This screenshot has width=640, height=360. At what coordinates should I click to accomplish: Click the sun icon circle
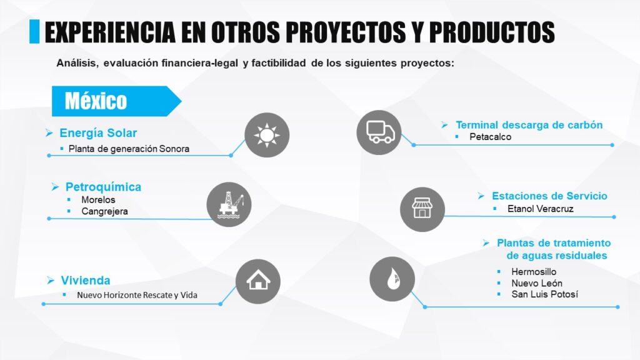click(267, 135)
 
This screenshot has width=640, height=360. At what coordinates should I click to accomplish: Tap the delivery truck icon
click(379, 132)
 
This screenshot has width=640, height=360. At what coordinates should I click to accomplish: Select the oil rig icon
click(229, 204)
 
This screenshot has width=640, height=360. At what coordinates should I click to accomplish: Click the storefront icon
click(422, 209)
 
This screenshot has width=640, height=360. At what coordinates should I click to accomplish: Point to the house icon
click(258, 281)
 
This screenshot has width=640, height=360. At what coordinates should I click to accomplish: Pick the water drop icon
click(392, 279)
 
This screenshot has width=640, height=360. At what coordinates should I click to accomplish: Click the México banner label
click(96, 101)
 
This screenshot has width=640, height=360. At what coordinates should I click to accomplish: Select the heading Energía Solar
click(98, 132)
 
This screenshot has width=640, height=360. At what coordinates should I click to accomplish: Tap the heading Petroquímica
click(103, 187)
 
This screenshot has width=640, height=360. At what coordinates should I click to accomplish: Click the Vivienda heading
click(86, 281)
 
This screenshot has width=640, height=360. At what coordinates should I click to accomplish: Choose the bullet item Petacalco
click(490, 137)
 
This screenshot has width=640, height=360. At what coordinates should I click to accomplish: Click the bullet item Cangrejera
click(104, 211)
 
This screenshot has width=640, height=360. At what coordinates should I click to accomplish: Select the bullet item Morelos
click(98, 199)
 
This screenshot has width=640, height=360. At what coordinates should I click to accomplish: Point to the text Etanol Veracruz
click(541, 209)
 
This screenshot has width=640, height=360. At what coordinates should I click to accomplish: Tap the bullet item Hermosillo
click(534, 271)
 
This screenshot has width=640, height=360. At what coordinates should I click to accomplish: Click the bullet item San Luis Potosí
click(544, 294)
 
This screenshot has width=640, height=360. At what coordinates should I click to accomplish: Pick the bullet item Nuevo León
click(537, 283)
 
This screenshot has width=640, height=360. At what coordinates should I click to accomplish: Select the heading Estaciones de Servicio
click(549, 196)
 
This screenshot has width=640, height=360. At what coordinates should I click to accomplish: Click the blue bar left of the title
click(34, 31)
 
